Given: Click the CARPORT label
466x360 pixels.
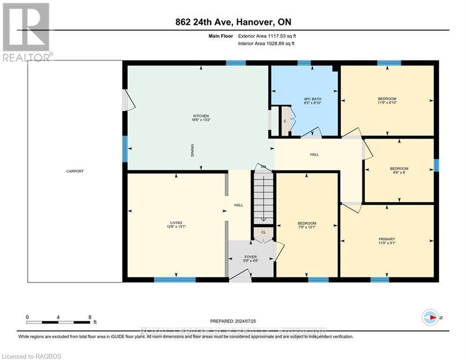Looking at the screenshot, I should pyautogui.click(x=75, y=171).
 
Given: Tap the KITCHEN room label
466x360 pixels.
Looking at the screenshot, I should pyautogui.click(x=201, y=116).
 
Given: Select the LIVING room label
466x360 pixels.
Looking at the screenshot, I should pyautogui.click(x=176, y=223).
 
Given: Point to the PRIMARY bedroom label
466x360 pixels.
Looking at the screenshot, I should pyautogui.click(x=387, y=239).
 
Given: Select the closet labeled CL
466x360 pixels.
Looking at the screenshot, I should pyautogui.click(x=263, y=232).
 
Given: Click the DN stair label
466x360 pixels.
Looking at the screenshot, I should pyautogui.click(x=264, y=166).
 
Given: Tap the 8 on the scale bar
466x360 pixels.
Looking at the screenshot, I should pyautogui.click(x=90, y=317).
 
